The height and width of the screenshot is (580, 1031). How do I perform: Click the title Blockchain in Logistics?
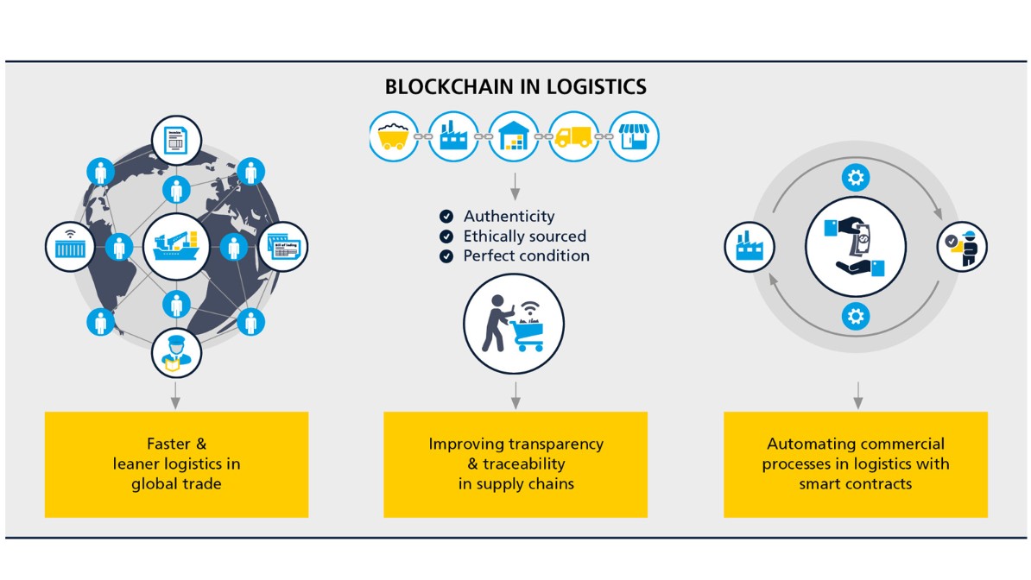[515, 87]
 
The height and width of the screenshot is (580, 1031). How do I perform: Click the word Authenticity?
[509, 217]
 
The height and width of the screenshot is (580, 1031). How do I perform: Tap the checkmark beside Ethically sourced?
[446, 236]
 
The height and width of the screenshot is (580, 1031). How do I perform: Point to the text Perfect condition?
[526, 256]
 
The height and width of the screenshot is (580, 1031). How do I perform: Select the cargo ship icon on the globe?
[176, 247]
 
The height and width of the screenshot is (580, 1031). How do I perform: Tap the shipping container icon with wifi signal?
[70, 247]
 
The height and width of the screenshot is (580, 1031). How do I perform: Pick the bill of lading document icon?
[282, 247]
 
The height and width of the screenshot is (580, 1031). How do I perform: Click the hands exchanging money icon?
[856, 247]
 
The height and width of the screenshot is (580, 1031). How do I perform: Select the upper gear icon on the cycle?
[856, 179]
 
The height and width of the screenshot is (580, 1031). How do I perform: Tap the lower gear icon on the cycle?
[856, 317]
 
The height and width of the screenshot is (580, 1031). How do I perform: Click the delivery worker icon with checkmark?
[962, 248]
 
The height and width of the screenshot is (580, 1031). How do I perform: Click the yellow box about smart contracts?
[855, 464]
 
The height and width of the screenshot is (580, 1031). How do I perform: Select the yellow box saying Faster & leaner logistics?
[176, 464]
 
